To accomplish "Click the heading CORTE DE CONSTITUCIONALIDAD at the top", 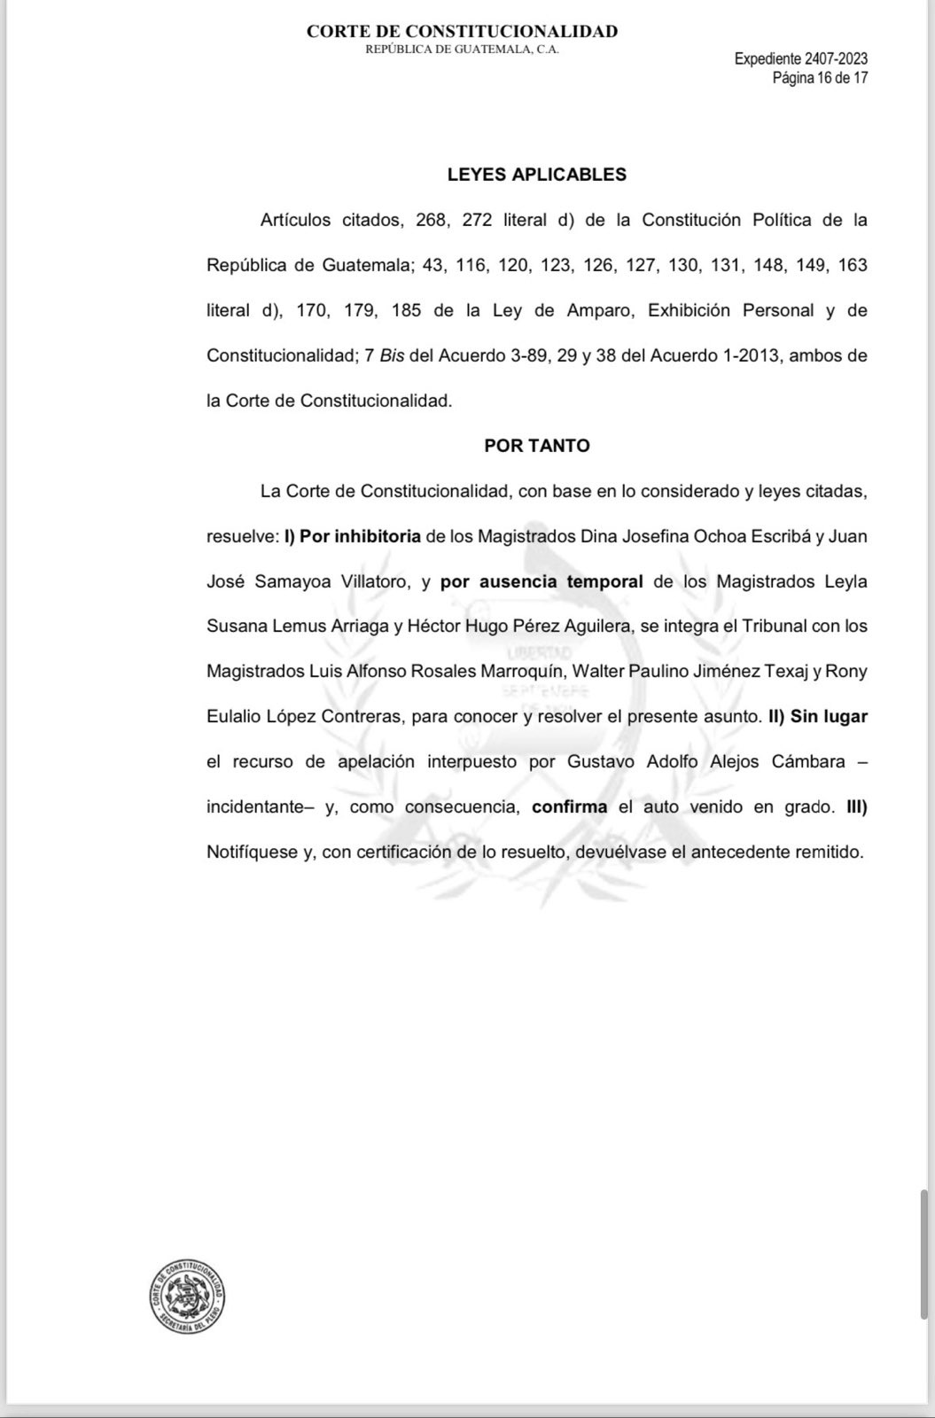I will click(462, 32).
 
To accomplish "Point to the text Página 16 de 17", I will click(820, 78).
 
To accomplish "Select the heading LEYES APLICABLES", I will click(536, 175).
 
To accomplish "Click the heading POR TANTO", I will click(536, 446).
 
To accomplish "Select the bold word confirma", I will click(569, 806).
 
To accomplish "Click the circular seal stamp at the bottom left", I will click(188, 1297).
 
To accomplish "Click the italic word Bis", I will click(393, 355).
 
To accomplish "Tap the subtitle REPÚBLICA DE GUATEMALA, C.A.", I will click(462, 50).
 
